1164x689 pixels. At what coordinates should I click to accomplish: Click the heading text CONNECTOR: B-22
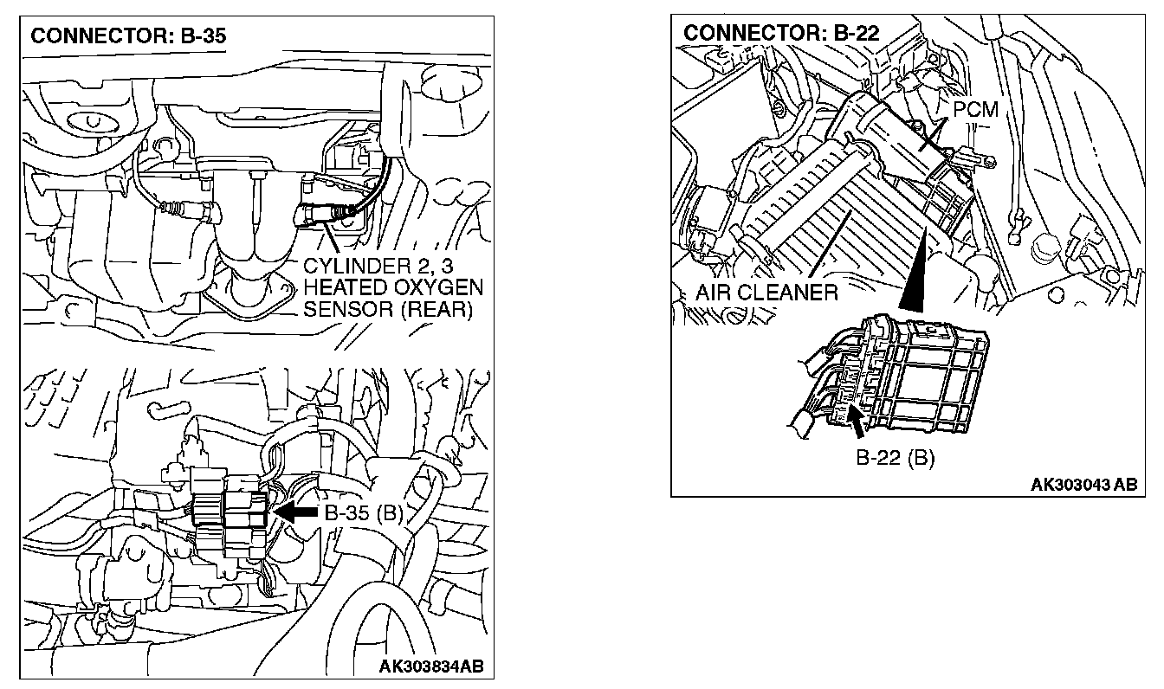781,33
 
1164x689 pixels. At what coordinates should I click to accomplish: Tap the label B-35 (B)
365,513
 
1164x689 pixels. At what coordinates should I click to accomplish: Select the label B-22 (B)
895,458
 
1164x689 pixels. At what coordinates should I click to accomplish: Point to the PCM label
975,111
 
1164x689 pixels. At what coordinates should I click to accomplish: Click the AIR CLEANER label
766,293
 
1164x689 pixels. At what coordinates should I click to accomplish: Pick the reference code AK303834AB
431,666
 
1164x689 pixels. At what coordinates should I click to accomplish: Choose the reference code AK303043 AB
1083,485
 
